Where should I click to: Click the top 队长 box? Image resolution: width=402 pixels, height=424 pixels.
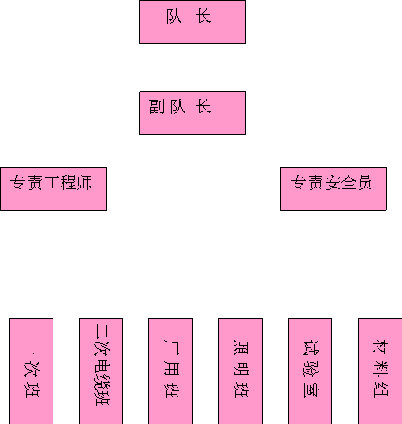(x=193, y=22)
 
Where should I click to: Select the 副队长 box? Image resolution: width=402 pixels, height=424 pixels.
(x=193, y=112)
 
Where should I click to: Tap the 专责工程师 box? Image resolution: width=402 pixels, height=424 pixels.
(x=53, y=188)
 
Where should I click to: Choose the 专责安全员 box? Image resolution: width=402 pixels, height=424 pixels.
(x=333, y=188)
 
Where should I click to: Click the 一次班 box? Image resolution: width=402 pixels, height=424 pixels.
(x=32, y=371)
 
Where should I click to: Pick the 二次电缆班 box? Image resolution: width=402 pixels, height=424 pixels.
(x=100, y=371)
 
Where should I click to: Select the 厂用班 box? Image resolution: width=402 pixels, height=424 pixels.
(x=170, y=371)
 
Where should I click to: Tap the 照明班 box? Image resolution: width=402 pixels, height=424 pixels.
(x=240, y=371)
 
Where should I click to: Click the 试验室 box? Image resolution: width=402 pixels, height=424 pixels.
(x=310, y=371)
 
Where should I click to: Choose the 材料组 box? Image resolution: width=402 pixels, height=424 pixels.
(x=380, y=371)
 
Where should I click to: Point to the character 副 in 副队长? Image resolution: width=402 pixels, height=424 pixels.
(x=157, y=107)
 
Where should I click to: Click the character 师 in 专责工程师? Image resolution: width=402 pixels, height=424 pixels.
(x=85, y=183)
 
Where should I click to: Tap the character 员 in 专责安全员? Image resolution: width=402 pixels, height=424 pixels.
(x=365, y=183)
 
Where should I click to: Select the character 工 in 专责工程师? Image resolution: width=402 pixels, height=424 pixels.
(x=53, y=183)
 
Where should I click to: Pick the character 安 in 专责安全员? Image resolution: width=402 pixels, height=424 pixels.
(x=332, y=183)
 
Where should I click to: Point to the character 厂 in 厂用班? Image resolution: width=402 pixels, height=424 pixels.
(x=171, y=347)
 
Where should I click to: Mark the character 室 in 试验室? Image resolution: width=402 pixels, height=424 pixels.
(x=311, y=390)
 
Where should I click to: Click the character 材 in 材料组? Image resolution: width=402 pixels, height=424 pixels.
(x=381, y=347)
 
